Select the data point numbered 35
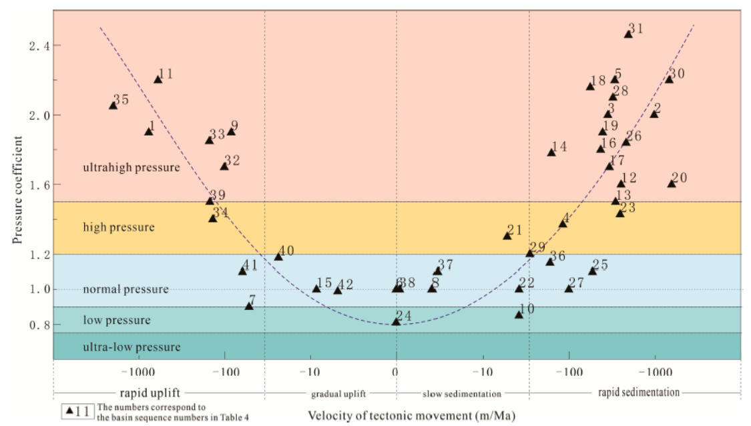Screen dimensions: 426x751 [x=113, y=105]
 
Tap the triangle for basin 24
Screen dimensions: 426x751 [x=396, y=322]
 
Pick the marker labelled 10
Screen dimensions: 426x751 [x=519, y=314]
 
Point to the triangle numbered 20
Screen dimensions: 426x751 [x=672, y=184]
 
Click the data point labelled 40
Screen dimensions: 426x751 [x=278, y=257]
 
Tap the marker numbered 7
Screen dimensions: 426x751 [x=249, y=306]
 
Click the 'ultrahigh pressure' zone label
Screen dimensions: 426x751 [x=132, y=168]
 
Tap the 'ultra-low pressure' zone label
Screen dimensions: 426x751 [x=132, y=347]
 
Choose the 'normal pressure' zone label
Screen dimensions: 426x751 [x=126, y=290]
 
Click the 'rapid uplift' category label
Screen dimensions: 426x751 [x=150, y=393]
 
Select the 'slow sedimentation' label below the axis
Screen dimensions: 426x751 [x=461, y=394]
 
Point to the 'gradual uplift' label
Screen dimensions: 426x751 [x=338, y=394]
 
